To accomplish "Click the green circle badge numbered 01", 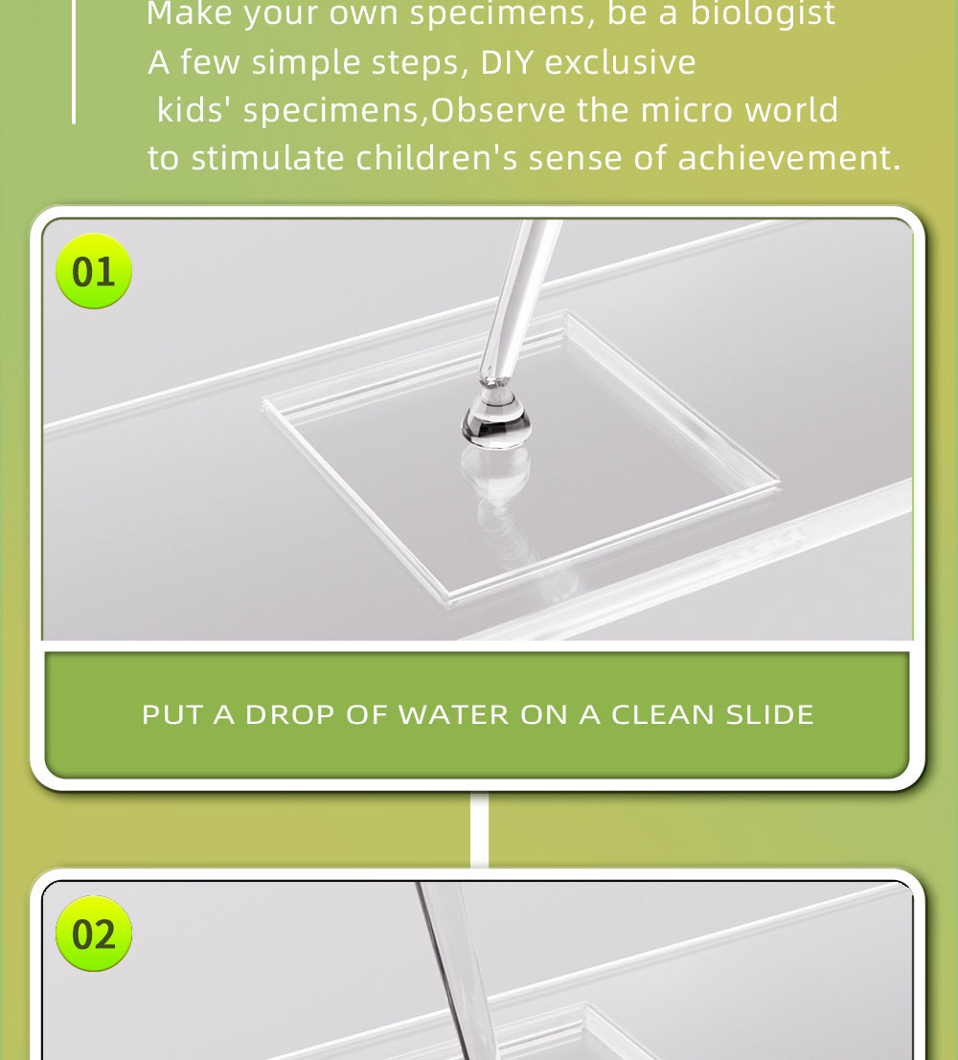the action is coord(93,271).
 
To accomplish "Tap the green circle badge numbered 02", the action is coord(93,934).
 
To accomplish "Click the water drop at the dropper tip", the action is coord(496,420).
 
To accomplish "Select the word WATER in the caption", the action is coord(453,714).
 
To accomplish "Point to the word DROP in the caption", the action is coord(289,714).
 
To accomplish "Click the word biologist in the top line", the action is coord(763,13).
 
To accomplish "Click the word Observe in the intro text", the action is coord(498,110).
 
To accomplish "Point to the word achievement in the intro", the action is coord(788,158).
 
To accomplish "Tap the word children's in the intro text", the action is coord(437,158).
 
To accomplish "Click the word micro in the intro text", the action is coord(687,110).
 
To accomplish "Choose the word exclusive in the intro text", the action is coord(621,63).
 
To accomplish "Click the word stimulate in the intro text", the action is coord(268,158).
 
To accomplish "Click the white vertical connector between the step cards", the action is coord(479,829).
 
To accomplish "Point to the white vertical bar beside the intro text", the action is coord(74,61).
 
